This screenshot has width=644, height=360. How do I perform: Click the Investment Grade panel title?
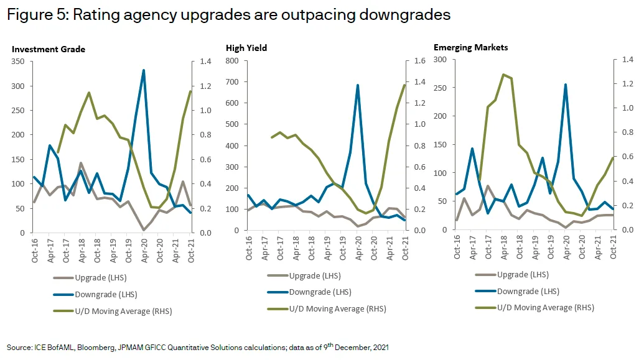click(49, 49)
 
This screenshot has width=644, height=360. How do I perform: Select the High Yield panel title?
click(247, 48)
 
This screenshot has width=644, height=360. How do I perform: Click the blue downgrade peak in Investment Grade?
click(144, 70)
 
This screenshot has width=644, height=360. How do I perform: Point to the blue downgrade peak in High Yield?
click(357, 85)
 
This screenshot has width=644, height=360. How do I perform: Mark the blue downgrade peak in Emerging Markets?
click(566, 85)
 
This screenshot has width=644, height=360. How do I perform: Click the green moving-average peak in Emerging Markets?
click(503, 75)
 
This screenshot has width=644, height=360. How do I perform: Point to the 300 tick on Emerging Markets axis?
click(442, 60)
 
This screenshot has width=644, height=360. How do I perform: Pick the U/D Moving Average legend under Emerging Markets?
click(536, 307)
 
